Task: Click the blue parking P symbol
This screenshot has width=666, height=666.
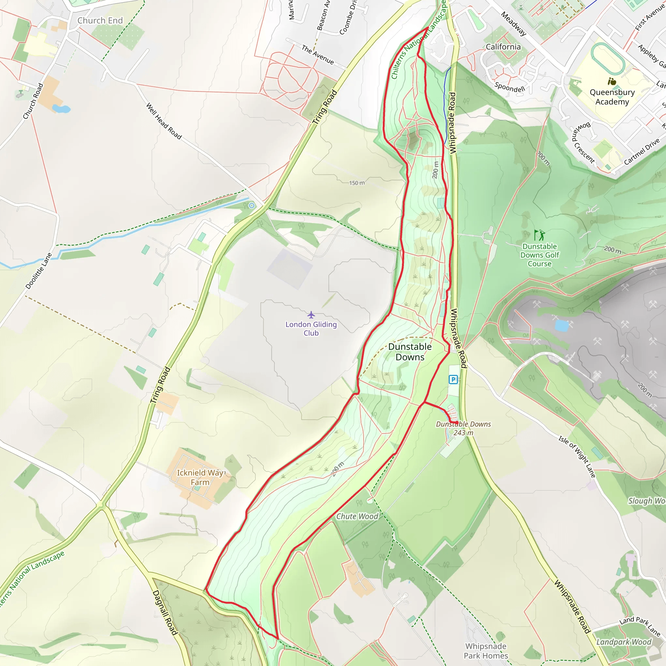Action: tap(453, 380)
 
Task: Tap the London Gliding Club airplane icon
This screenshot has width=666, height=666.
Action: tap(311, 314)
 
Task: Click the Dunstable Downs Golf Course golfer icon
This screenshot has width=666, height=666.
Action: tap(539, 235)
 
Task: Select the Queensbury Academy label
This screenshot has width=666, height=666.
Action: tap(612, 97)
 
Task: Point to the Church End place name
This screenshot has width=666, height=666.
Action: tap(100, 21)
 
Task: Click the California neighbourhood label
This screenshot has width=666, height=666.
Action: tap(503, 47)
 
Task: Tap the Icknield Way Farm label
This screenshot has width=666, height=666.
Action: tap(201, 477)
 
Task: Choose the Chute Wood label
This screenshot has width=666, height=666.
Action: tap(357, 516)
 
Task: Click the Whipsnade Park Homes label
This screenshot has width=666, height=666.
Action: tap(486, 651)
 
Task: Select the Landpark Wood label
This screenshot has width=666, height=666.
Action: tap(624, 642)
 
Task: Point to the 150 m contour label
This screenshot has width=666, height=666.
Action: tap(357, 183)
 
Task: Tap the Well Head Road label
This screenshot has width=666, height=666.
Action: tap(164, 121)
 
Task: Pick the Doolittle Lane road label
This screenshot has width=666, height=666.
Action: tap(39, 271)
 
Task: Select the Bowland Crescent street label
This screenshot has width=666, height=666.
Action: tap(582, 142)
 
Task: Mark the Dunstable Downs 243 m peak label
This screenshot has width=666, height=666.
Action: tap(463, 429)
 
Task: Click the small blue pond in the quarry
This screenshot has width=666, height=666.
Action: tap(562, 326)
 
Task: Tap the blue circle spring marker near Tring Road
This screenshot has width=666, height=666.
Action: tap(252, 206)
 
